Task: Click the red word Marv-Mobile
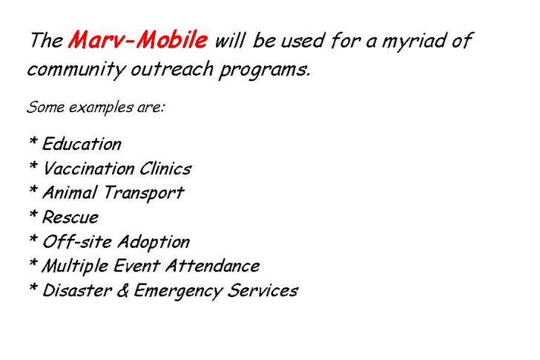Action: (138, 39)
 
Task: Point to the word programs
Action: (265, 71)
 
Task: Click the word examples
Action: (101, 108)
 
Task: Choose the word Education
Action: (82, 144)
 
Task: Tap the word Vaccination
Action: (88, 168)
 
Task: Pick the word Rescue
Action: (70, 217)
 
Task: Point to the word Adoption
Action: (154, 242)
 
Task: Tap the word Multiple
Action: (75, 266)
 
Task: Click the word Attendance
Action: (213, 266)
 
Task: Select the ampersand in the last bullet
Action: (122, 290)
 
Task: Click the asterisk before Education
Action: (33, 140)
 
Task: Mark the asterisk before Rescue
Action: (33, 214)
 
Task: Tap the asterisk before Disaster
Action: (33, 287)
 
